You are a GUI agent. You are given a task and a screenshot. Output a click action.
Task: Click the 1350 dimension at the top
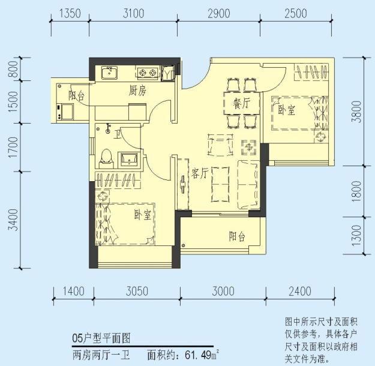point(70,14)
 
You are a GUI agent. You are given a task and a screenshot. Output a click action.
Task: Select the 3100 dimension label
point(133,14)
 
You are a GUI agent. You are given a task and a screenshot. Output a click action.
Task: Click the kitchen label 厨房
point(138,91)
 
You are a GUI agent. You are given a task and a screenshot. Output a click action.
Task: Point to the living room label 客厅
point(200,173)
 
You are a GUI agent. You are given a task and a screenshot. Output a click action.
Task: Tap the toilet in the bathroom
point(107,156)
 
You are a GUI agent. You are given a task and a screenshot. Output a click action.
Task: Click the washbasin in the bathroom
point(129,158)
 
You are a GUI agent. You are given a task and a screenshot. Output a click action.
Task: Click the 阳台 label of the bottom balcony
point(237,236)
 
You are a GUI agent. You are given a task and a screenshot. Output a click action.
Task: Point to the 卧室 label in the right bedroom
point(286,110)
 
